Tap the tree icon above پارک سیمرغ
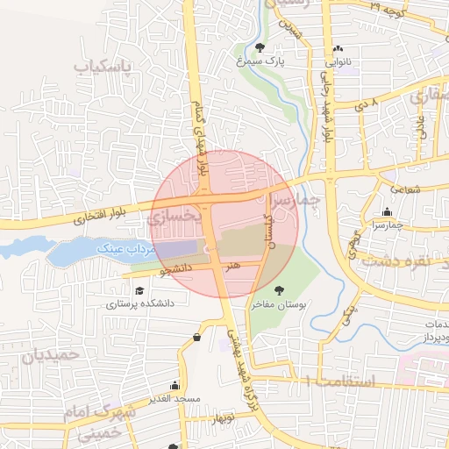click(260, 47)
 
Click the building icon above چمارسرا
click(388, 210)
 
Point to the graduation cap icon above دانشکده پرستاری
click(139, 291)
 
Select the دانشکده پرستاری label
click(141, 304)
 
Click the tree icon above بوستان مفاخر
click(279, 290)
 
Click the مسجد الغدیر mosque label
click(176, 398)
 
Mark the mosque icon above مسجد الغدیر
click(175, 385)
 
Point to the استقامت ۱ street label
click(341, 381)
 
